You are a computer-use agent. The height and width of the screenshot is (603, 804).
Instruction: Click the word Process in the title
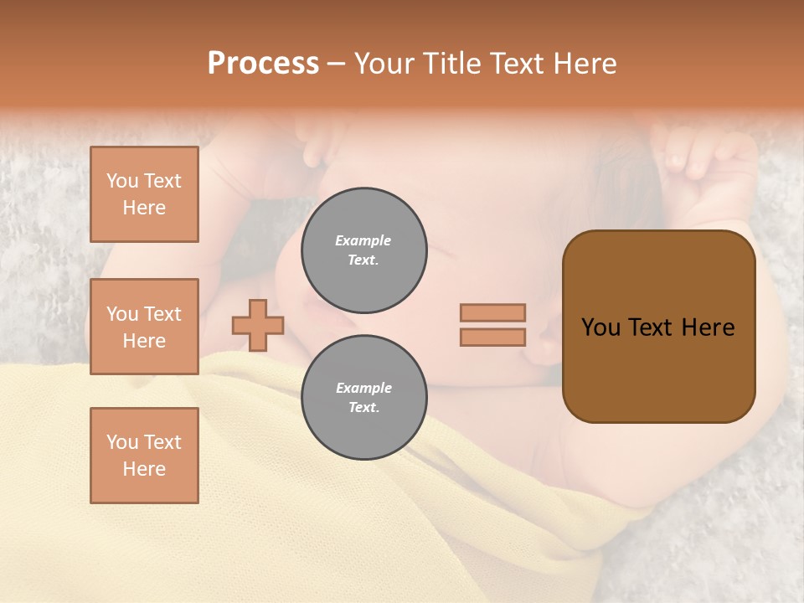pyautogui.click(x=263, y=64)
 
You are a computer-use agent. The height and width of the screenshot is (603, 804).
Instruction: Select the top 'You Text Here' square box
pyautogui.click(x=144, y=194)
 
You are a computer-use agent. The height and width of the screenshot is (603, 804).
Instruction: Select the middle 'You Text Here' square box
pyautogui.click(x=144, y=327)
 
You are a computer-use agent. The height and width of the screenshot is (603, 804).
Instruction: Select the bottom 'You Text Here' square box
pyautogui.click(x=144, y=455)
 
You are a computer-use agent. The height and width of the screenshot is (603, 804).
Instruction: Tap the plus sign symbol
pyautogui.click(x=258, y=325)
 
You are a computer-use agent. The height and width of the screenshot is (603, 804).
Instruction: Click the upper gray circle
pyautogui.click(x=363, y=250)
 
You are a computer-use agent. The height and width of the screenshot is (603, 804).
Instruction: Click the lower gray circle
pyautogui.click(x=363, y=398)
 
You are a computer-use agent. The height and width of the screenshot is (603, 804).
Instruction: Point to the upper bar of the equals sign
pyautogui.click(x=492, y=312)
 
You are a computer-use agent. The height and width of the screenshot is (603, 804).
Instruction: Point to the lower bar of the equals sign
pyautogui.click(x=492, y=337)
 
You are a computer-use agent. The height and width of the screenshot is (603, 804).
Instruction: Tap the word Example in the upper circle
pyautogui.click(x=363, y=240)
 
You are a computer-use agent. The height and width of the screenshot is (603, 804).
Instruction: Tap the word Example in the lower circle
pyautogui.click(x=363, y=388)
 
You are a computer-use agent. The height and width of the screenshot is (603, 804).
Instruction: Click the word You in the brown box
pyautogui.click(x=600, y=327)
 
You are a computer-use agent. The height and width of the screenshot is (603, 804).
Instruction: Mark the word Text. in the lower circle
pyautogui.click(x=363, y=408)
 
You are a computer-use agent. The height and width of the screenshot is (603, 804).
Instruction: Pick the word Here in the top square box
pyautogui.click(x=144, y=208)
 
